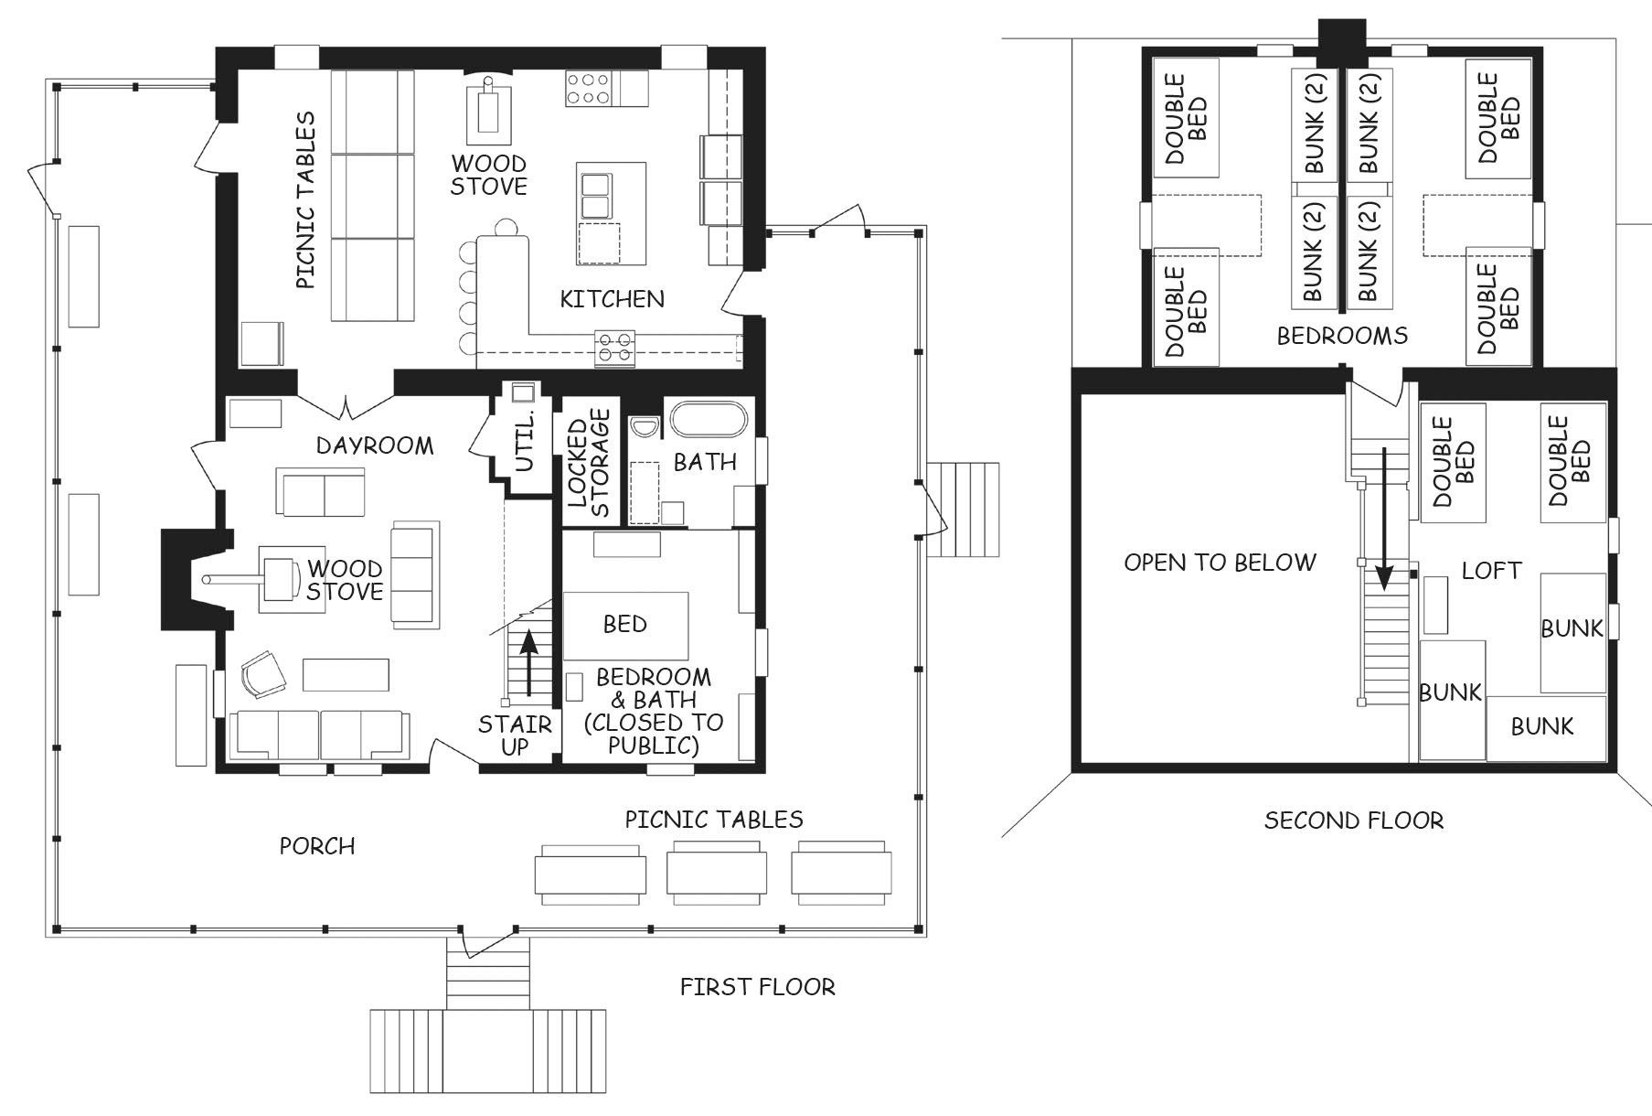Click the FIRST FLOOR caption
coord(757,987)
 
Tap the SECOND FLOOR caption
coord(1354,821)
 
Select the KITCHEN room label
coord(612,299)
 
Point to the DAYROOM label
coord(375,445)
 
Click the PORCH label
coord(317,846)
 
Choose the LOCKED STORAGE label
coord(589,463)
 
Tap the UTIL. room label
coord(525,441)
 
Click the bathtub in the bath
coord(709,421)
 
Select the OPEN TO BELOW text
coord(1220,562)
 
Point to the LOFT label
coord(1491,571)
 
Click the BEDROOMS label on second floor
coord(1342,336)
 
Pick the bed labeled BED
coord(625,626)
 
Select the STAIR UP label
coord(515,735)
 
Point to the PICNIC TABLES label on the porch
coord(714,820)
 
